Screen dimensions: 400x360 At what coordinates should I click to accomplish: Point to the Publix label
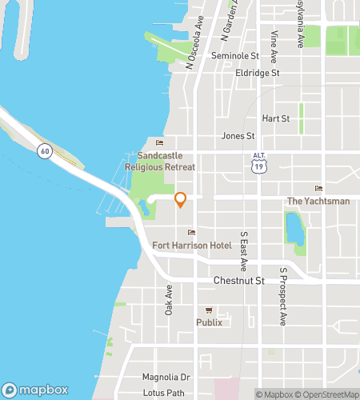209,322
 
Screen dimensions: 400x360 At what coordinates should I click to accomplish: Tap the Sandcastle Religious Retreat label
160,162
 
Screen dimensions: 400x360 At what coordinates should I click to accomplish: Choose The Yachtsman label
318,201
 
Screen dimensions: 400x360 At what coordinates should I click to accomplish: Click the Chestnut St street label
239,281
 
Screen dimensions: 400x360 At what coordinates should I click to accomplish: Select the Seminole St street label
235,56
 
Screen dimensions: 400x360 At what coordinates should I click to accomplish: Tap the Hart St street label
275,118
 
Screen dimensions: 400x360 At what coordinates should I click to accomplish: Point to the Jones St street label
238,136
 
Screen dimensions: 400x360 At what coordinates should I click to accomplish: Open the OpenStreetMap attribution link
326,394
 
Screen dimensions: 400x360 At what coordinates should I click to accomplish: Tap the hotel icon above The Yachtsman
319,189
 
